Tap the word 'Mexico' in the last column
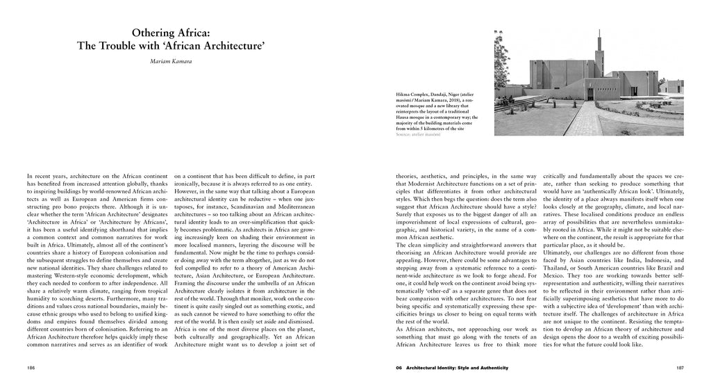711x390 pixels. coord(556,279)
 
